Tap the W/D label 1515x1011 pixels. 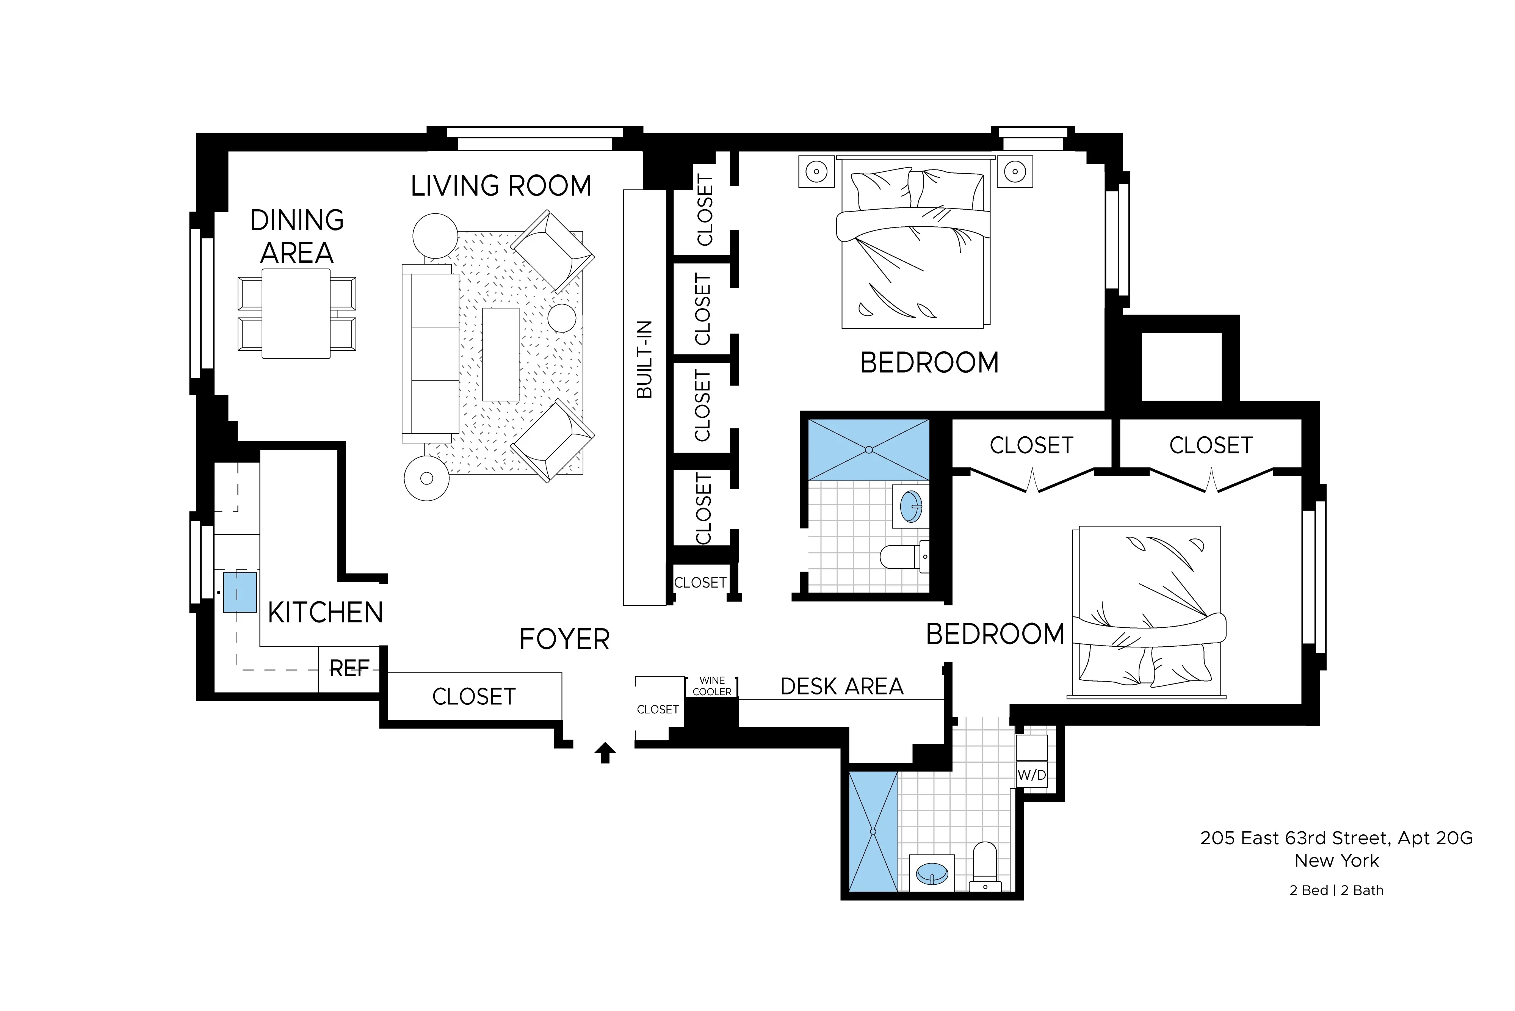pyautogui.click(x=1031, y=775)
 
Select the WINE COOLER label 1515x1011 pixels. pyautogui.click(x=712, y=686)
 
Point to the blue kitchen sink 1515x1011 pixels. pyautogui.click(x=240, y=592)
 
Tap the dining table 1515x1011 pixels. pyautogui.click(x=296, y=313)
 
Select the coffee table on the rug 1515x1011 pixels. pyautogui.click(x=500, y=354)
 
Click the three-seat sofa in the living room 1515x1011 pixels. pyautogui.click(x=431, y=353)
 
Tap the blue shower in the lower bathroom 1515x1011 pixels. pyautogui.click(x=873, y=832)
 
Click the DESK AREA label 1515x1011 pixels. pyautogui.click(x=841, y=687)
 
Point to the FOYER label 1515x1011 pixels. pyautogui.click(x=564, y=640)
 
